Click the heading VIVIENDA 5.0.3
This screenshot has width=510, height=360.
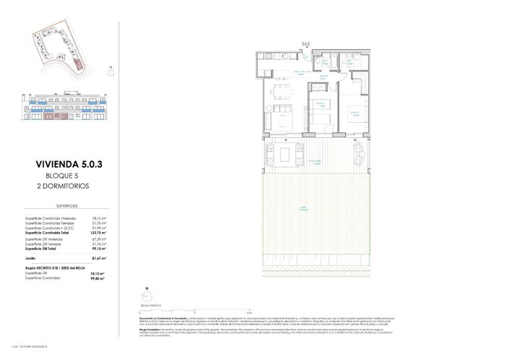(x=69, y=164)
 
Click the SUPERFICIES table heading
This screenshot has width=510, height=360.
(x=69, y=206)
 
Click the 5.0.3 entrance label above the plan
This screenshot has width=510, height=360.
(x=305, y=44)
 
